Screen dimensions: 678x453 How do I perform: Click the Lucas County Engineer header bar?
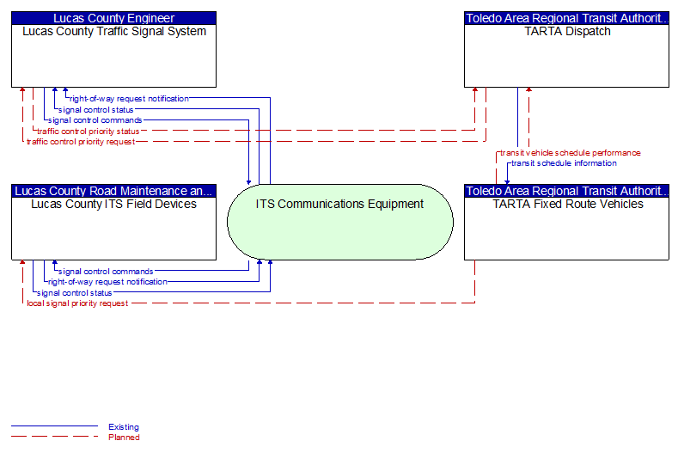point(113,18)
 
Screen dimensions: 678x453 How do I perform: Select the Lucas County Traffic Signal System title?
point(114,32)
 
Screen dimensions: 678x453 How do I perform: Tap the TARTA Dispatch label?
point(567,32)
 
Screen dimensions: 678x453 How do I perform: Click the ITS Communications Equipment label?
point(339,205)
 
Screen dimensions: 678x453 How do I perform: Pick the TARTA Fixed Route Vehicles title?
point(568,205)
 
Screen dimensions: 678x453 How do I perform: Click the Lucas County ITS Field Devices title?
point(113,205)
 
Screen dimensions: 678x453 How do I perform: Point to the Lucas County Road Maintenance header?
point(113,191)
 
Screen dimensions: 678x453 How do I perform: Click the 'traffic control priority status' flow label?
point(89,132)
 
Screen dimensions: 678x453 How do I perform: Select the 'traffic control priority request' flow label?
point(81,142)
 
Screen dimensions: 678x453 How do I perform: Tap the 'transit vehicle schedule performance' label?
point(571,153)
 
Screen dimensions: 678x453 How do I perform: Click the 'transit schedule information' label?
point(564,163)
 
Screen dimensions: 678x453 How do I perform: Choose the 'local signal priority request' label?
point(77,303)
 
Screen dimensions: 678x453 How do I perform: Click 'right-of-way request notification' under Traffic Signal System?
point(129,99)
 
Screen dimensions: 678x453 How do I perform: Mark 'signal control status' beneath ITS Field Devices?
point(75,293)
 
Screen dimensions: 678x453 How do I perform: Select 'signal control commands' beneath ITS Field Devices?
point(106,272)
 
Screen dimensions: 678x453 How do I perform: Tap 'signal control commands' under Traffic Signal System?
point(95,120)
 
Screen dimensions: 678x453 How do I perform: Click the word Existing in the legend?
point(124,427)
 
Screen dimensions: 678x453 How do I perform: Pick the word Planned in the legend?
point(124,438)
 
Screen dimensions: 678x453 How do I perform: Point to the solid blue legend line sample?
point(54,426)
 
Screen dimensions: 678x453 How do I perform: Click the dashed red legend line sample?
point(54,437)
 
